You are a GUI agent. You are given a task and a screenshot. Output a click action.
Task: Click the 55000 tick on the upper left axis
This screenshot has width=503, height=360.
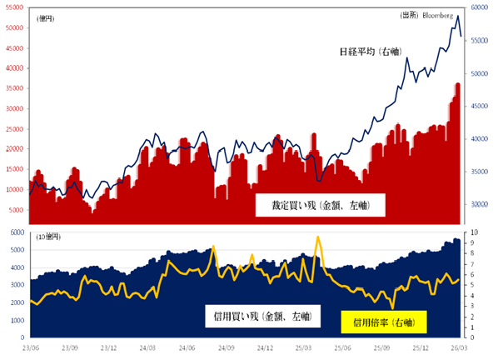(x=14, y=7)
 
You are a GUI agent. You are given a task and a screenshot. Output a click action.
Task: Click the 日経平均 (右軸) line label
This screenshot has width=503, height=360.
(x=370, y=52)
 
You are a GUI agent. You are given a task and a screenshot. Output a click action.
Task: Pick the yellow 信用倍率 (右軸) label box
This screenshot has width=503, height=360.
(x=384, y=321)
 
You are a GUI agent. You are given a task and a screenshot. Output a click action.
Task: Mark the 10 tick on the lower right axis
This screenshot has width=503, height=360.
(x=474, y=232)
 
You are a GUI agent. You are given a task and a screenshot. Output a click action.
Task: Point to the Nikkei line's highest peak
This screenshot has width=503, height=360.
(x=458, y=16)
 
